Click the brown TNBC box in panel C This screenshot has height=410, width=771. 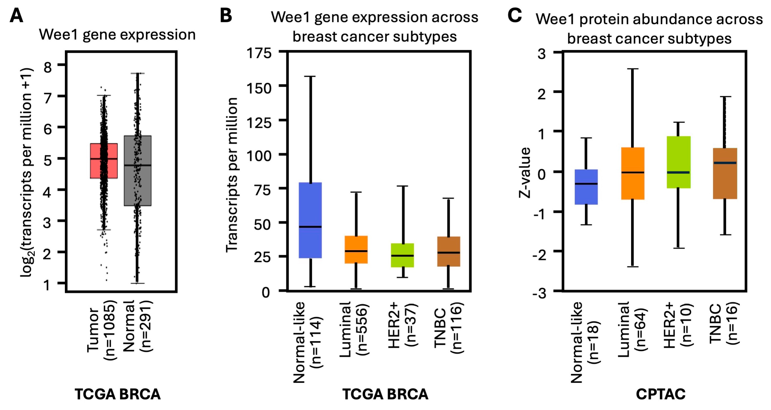[x=725, y=183]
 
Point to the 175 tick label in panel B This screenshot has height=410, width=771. [x=259, y=54]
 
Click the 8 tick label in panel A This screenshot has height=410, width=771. [x=48, y=67]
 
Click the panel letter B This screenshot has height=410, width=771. [x=226, y=16]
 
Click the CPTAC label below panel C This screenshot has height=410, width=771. [x=660, y=394]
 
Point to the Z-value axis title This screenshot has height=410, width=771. [x=525, y=173]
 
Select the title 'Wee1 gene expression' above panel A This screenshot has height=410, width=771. [x=117, y=35]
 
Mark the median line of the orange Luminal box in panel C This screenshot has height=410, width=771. [x=633, y=172]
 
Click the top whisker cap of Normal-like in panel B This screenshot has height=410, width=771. [x=310, y=77]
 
